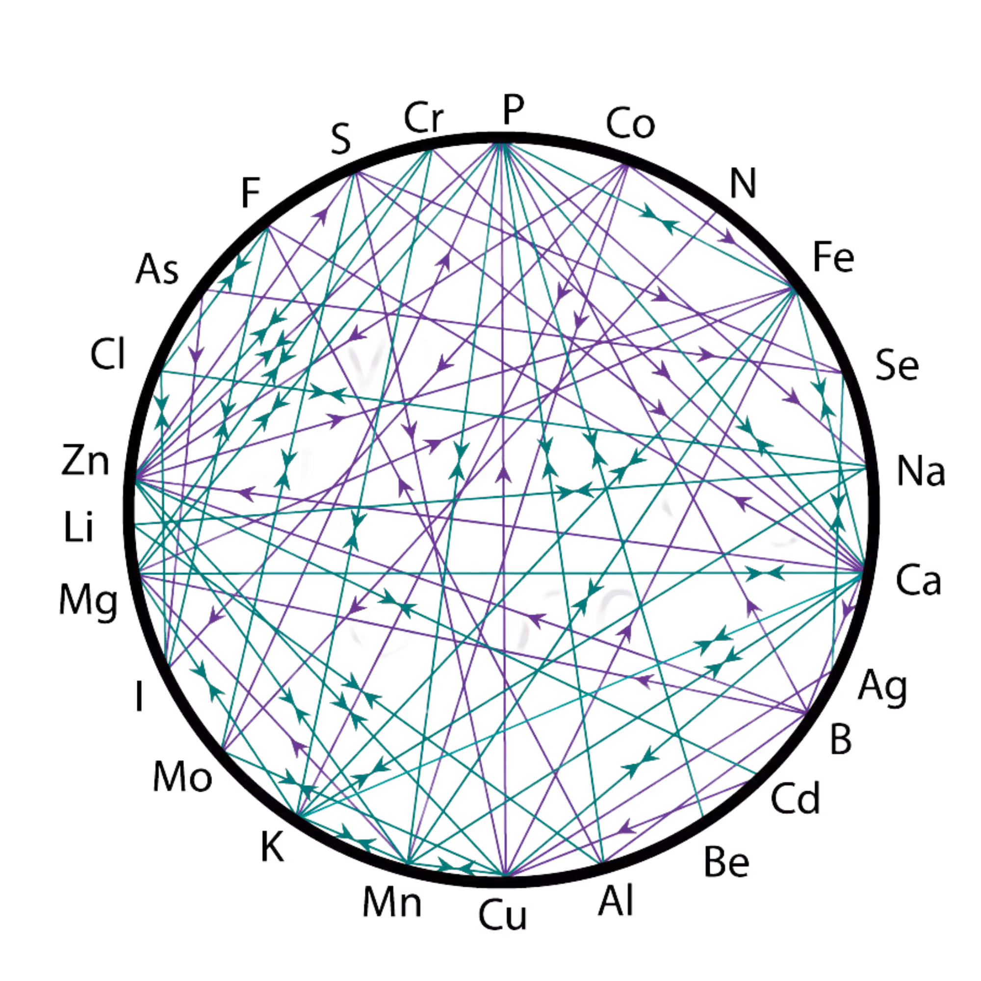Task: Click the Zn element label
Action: [x=85, y=460]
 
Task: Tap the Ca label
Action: [x=918, y=580]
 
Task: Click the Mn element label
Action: [x=392, y=903]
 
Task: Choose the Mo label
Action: [x=182, y=776]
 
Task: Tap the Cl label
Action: [x=107, y=354]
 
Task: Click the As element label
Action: [x=157, y=269]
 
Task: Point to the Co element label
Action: [x=630, y=124]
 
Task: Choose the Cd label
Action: [x=795, y=797]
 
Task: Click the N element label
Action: [x=744, y=184]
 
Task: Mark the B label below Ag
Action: [x=841, y=739]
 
